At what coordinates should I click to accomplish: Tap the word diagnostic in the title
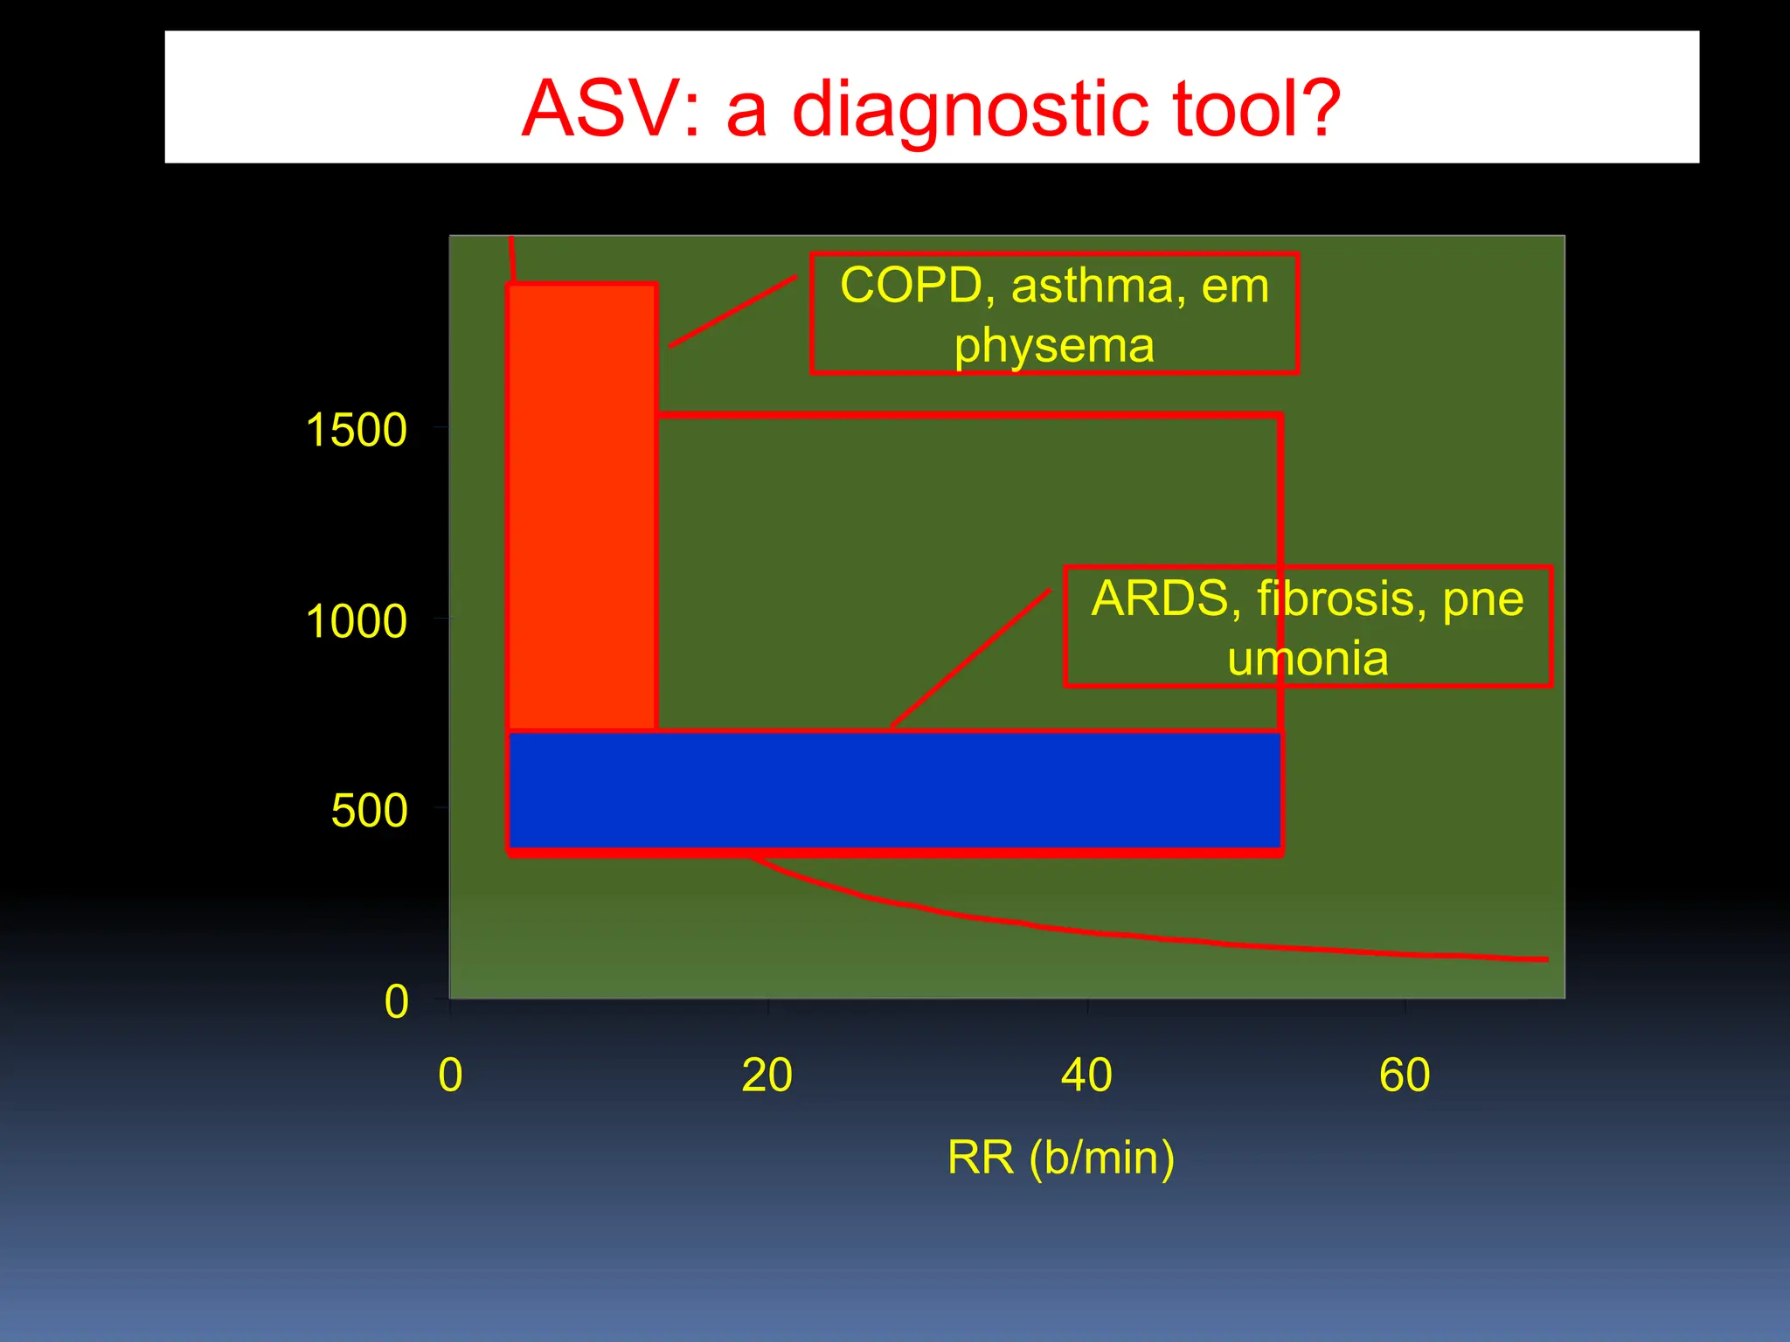(x=970, y=110)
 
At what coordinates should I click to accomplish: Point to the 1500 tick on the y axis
(x=356, y=430)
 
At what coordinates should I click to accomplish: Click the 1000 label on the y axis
(x=356, y=621)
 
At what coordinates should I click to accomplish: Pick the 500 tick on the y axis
(x=369, y=811)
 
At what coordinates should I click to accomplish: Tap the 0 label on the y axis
(x=396, y=1001)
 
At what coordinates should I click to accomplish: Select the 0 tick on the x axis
(x=450, y=1075)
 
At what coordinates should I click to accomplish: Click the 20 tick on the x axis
(x=767, y=1075)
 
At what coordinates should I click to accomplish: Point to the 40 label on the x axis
(x=1086, y=1075)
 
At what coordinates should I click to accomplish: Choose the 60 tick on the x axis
(x=1405, y=1075)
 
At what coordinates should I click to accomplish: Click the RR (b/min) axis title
(x=1061, y=1157)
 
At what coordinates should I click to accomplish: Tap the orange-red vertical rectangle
(x=581, y=507)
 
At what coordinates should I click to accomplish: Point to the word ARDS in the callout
(x=1159, y=599)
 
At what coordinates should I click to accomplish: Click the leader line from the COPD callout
(x=732, y=312)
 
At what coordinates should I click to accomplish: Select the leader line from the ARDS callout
(x=970, y=659)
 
